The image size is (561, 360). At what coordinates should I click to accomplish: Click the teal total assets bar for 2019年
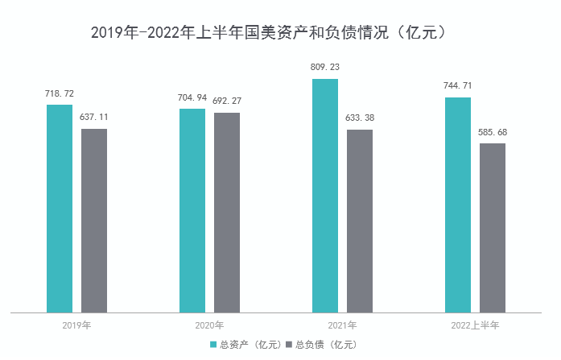coord(60,208)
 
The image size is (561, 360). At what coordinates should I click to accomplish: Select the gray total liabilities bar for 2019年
coord(94,220)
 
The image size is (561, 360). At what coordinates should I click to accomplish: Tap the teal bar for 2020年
coord(192,209)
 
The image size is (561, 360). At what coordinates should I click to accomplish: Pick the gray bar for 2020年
coord(227,212)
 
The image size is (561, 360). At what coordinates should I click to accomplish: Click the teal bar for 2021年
coord(325,195)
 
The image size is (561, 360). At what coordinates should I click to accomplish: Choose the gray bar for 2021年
coord(360,220)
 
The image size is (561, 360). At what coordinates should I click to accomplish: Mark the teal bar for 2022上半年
coord(458,204)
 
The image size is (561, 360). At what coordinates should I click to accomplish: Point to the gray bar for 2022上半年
coord(493,227)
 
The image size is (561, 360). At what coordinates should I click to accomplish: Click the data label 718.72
coord(60,93)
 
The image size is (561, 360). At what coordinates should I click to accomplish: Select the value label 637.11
coord(94,117)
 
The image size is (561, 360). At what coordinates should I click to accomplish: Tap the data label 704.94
coord(192,98)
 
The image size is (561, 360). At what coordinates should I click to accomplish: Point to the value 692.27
coord(227,101)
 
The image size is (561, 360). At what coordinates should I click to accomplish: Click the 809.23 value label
coord(325,68)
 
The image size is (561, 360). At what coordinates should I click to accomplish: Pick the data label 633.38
coord(360,118)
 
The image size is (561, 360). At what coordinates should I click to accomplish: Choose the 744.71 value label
coord(458,85)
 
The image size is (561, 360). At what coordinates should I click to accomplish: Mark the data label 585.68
coord(493,132)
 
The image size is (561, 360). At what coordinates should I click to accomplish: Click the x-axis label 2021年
coord(342,326)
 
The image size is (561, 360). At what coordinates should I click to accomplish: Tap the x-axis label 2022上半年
coord(475,326)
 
